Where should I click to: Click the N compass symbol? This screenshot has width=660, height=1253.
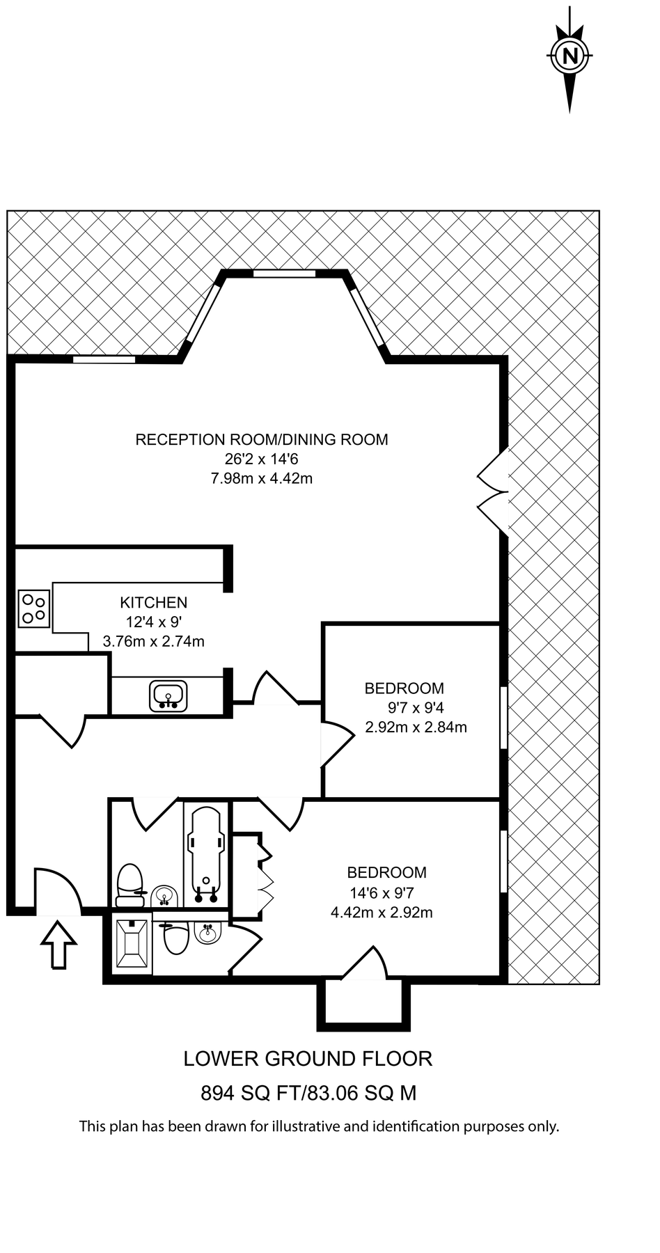point(570,56)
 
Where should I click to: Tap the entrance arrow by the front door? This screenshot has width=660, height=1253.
point(58,944)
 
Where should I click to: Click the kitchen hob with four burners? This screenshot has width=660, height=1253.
point(33,608)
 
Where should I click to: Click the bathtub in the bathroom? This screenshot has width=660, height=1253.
point(206,854)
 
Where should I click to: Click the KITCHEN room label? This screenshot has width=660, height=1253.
point(153,603)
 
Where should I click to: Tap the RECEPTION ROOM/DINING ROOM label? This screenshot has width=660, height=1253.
point(261,440)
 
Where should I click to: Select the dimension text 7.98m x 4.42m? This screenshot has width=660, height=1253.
point(261,479)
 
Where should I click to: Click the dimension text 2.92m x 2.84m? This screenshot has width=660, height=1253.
point(416,728)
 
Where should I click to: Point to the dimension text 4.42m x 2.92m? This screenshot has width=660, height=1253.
point(382,913)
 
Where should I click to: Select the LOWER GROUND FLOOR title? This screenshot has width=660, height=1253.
point(308,1059)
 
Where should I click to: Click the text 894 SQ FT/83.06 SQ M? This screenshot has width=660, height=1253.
point(308,1093)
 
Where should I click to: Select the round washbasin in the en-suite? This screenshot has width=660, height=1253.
point(207,933)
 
